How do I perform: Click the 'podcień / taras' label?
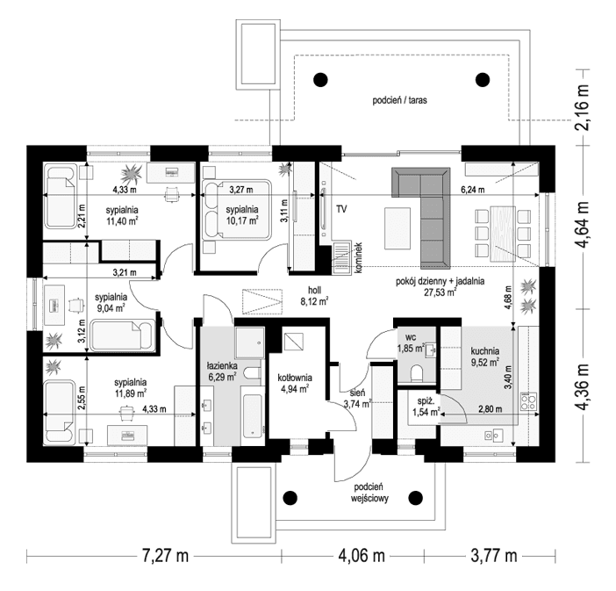[398, 101]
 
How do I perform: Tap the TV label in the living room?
[340, 210]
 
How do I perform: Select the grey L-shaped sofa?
[420, 211]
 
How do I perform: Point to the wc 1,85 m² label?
[411, 342]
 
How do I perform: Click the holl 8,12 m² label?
[312, 294]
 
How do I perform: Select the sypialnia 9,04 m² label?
[111, 302]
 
